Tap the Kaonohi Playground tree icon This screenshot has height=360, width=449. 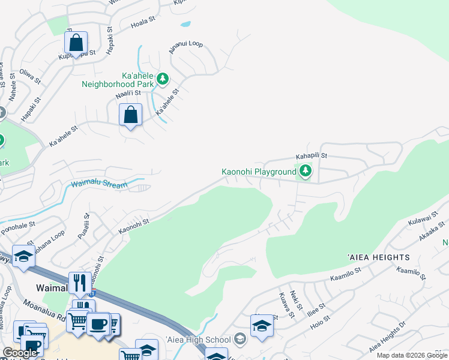(x=306, y=172)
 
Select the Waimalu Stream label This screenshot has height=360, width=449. (x=100, y=185)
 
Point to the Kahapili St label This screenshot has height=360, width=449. (x=311, y=155)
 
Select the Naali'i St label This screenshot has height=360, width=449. (x=128, y=93)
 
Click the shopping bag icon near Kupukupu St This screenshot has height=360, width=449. (x=76, y=43)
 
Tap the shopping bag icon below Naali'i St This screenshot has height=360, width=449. (x=130, y=114)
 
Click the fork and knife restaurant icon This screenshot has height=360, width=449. (x=79, y=282)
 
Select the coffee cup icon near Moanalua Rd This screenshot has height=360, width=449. (x=97, y=324)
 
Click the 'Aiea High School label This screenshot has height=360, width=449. (x=198, y=340)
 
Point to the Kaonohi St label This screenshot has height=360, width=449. (x=133, y=226)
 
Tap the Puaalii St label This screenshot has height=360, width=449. (x=83, y=227)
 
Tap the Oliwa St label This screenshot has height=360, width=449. (x=30, y=77)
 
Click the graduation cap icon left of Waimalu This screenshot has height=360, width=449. (x=23, y=256)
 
